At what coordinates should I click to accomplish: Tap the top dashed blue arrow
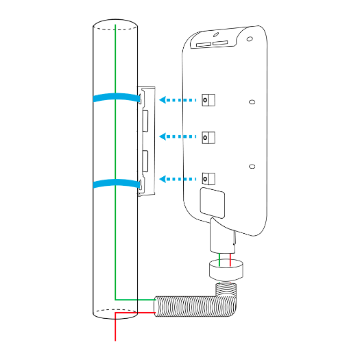pos(177,100)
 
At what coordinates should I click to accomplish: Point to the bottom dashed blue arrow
pos(177,178)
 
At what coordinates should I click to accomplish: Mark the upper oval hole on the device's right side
pos(252,102)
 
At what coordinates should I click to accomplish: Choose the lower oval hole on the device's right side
pos(252,166)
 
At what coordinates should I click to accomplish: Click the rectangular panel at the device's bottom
pos(212,202)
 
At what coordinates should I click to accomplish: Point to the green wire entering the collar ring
pos(219,259)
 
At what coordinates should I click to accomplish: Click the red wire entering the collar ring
pos(231,259)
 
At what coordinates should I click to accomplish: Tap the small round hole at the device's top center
pos(215,34)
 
